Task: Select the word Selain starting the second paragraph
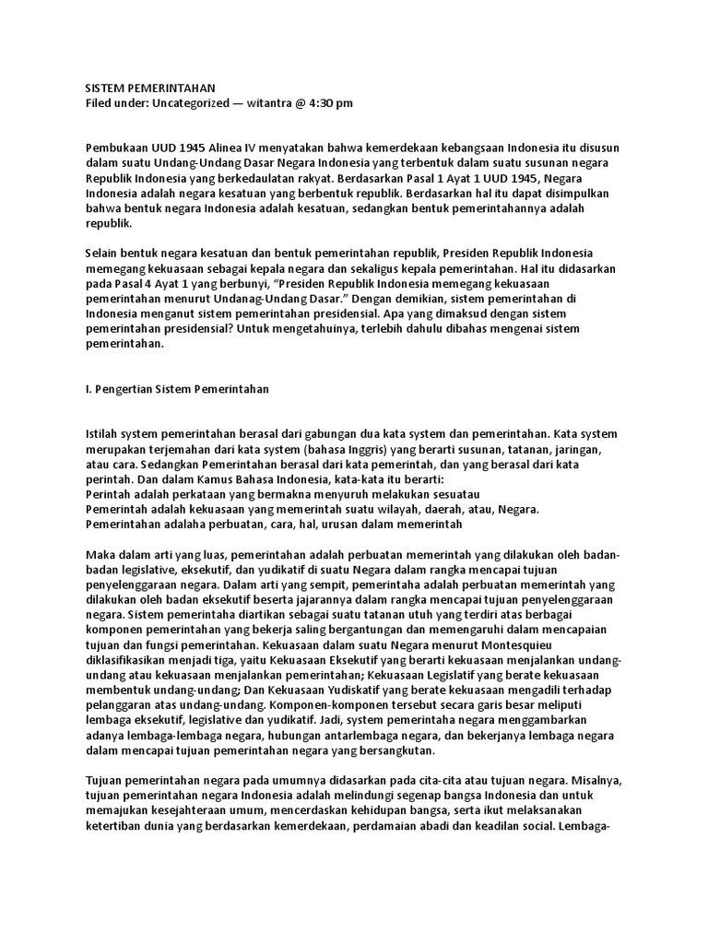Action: pyautogui.click(x=103, y=253)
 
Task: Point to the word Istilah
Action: pyautogui.click(x=101, y=433)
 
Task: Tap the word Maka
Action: pyautogui.click(x=100, y=555)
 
